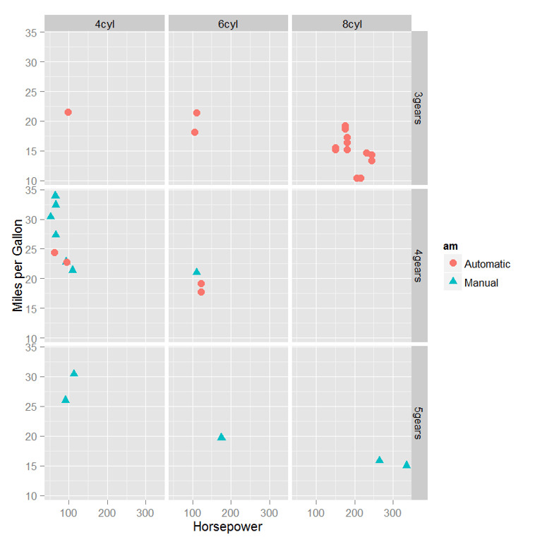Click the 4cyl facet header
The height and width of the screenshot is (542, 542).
click(104, 24)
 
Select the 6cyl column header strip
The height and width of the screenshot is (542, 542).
click(227, 24)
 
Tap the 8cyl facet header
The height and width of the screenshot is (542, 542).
click(351, 24)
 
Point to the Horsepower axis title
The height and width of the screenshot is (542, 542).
click(227, 526)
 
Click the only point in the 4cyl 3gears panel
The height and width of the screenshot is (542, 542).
click(68, 112)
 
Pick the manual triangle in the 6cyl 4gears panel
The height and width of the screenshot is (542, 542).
click(197, 272)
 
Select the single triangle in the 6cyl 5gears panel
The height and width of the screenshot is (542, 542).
click(222, 437)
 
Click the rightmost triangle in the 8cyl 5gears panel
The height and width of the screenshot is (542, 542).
click(406, 464)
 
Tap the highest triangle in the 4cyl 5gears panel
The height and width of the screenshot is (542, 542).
click(74, 373)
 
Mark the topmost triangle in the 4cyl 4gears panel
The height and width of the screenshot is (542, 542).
click(55, 195)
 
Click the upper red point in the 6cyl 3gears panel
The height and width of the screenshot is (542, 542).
click(196, 113)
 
